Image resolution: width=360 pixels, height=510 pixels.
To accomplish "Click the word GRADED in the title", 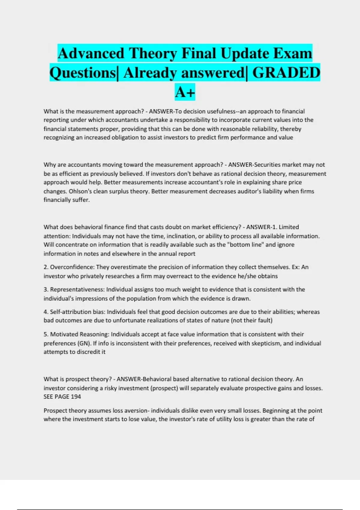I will [x=286, y=73].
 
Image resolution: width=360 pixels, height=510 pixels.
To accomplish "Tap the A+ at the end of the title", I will [x=185, y=92].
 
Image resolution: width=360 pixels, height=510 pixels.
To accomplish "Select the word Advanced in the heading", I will [x=91, y=53].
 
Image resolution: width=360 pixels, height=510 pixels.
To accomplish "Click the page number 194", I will [x=76, y=397].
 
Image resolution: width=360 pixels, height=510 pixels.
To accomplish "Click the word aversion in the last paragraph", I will [x=133, y=410].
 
